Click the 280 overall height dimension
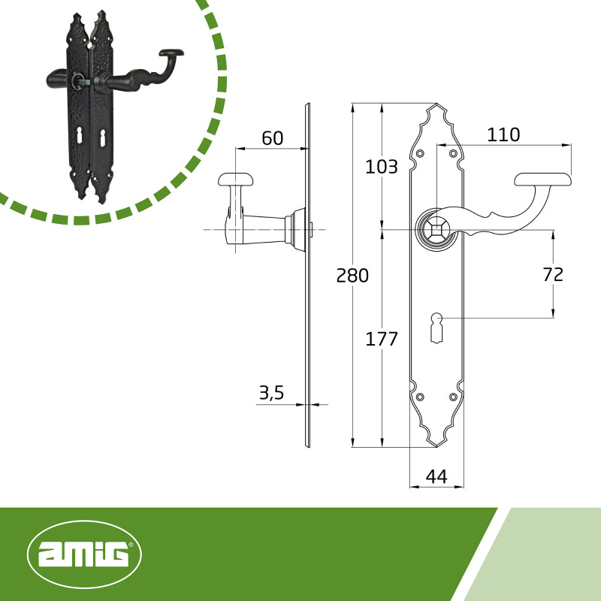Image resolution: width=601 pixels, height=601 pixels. tap(352, 275)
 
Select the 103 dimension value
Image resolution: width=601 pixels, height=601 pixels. tap(382, 167)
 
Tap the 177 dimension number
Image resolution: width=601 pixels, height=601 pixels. tap(382, 339)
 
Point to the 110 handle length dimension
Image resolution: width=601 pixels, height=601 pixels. tap(503, 134)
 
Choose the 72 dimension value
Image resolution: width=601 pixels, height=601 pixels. tap(553, 274)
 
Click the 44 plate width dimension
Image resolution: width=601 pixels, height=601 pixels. tap(436, 476)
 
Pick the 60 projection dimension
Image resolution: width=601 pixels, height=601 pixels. tap(273, 138)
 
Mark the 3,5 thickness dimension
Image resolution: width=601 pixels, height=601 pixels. tap(271, 393)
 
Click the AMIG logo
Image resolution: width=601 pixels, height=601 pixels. tap(84, 554)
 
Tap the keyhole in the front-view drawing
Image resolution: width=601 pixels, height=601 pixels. tap(436, 328)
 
